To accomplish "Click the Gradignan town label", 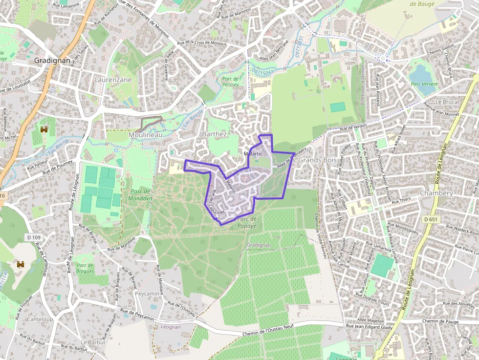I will point(52,61).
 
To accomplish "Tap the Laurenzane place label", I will point(113,79).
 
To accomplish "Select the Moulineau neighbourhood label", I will point(145,134).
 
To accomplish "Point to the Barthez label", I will point(214,134).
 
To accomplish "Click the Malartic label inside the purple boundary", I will point(253,153).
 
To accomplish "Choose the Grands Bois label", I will point(316,160).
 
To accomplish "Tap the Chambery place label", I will point(436,193).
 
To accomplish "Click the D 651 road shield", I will point(431,219).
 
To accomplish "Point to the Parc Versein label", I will point(424,84).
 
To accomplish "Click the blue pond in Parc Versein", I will point(419,73).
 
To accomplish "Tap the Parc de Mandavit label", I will point(141,195).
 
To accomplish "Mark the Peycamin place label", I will point(148,294).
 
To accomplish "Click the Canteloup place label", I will point(41,319).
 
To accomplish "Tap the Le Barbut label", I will point(93,342).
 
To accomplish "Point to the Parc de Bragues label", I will point(85,268).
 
